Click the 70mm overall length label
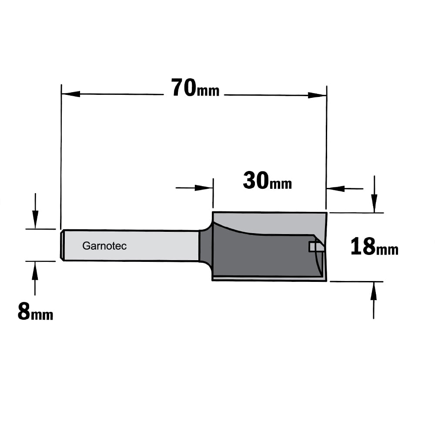point(195,88)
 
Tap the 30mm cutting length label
point(267,181)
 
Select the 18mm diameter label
point(374,247)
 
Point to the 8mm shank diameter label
point(35,311)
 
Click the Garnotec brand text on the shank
point(104,246)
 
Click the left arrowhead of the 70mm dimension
point(71,94)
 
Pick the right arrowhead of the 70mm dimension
point(317,95)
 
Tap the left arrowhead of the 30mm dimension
point(204,188)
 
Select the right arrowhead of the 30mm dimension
point(336,189)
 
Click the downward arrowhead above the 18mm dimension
point(375,204)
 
